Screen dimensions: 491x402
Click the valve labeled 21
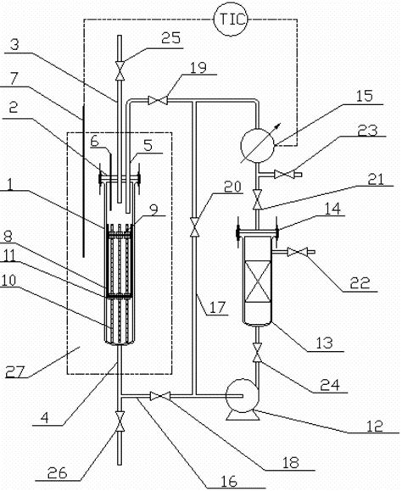click(255, 198)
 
